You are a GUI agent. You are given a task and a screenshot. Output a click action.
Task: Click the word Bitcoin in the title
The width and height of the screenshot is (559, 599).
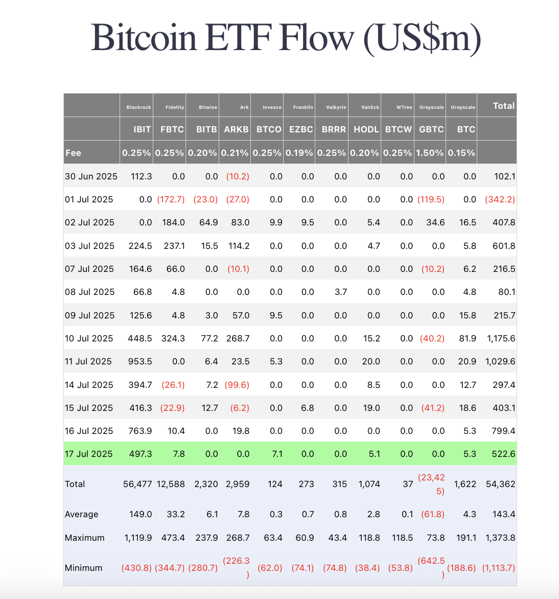pyautogui.click(x=144, y=38)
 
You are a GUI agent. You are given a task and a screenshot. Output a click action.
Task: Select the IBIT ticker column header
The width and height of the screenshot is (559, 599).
pyautogui.click(x=142, y=129)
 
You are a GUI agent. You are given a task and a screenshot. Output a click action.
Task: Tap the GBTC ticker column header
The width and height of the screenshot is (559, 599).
pyautogui.click(x=431, y=129)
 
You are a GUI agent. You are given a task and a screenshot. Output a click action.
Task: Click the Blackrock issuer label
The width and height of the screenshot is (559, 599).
pyautogui.click(x=138, y=107)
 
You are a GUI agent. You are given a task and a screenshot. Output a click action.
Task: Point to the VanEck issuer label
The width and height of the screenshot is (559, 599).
pyautogui.click(x=370, y=107)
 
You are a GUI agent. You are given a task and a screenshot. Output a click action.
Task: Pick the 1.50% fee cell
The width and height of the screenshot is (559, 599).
pyautogui.click(x=430, y=153)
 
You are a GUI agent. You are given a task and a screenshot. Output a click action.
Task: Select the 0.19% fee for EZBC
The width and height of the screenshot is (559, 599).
pyautogui.click(x=299, y=153)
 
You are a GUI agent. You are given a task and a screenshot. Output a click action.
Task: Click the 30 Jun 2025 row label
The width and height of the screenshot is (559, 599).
pyautogui.click(x=91, y=176)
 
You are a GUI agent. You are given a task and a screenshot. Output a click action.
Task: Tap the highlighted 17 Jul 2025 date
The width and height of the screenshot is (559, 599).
pyautogui.click(x=89, y=454)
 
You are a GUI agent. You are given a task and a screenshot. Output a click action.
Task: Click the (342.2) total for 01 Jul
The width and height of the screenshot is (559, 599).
pyautogui.click(x=500, y=199)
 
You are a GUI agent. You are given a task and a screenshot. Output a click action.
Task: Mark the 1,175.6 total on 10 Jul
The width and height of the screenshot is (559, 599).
pyautogui.click(x=501, y=338)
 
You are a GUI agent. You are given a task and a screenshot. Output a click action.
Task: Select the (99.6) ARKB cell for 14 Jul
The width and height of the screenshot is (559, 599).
pyautogui.click(x=237, y=385)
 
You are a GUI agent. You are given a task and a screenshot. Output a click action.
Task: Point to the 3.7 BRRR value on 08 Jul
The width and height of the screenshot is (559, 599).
pyautogui.click(x=341, y=292)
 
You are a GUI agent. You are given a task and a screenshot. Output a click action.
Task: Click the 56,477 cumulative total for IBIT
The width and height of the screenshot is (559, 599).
pyautogui.click(x=137, y=484)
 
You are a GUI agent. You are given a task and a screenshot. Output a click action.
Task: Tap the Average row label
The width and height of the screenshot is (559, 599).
pyautogui.click(x=81, y=514)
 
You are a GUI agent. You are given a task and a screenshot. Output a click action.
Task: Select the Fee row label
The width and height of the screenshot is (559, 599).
pyautogui.click(x=73, y=153)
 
